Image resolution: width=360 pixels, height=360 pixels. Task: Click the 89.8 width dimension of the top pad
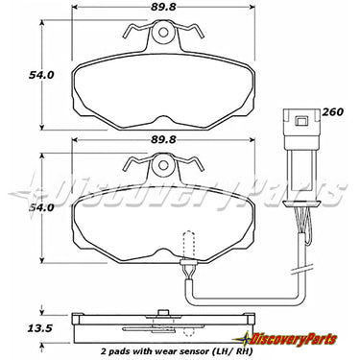point(163,7)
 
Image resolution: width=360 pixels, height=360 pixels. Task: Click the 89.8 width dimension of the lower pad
point(163,140)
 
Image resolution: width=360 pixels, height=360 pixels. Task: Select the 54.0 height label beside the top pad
point(41,75)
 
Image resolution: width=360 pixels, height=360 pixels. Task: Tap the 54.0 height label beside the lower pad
point(41,208)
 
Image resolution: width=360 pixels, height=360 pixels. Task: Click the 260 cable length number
point(332,112)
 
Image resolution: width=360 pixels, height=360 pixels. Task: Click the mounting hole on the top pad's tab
point(163,33)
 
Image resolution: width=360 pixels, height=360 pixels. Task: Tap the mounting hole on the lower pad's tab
point(163,165)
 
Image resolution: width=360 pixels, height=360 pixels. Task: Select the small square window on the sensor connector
point(301,121)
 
